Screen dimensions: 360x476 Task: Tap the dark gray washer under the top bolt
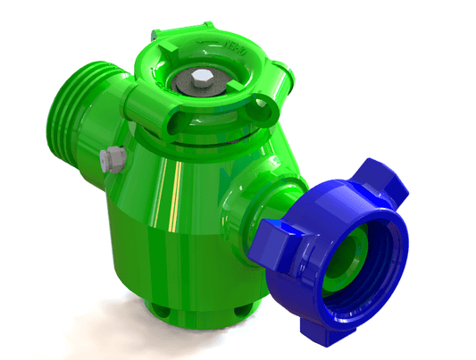(x=190, y=87)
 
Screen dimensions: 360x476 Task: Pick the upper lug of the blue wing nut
(x=378, y=178)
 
